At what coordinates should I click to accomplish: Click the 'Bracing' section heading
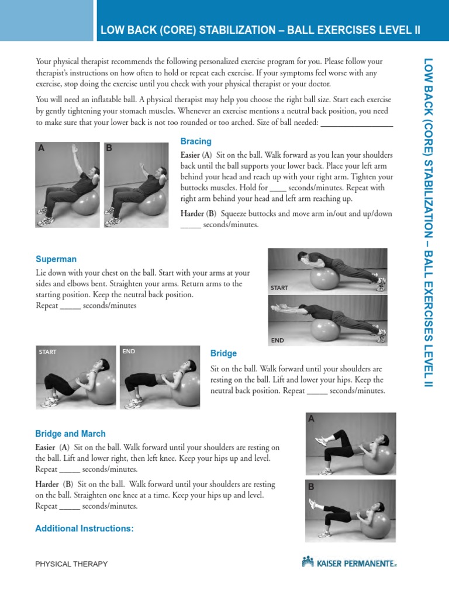pyautogui.click(x=196, y=141)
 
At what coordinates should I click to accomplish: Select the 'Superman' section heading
pyautogui.click(x=56, y=259)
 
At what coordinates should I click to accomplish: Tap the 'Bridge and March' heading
pyautogui.click(x=70, y=433)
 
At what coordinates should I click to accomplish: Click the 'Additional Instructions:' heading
pyautogui.click(x=84, y=529)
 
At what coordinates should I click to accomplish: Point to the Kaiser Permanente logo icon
pyautogui.click(x=308, y=562)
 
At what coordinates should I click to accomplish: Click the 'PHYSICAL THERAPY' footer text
pyautogui.click(x=71, y=564)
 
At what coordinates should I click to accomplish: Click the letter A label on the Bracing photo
pyautogui.click(x=41, y=148)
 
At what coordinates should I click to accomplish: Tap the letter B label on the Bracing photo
pyautogui.click(x=109, y=148)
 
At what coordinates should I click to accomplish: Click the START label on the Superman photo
pyautogui.click(x=280, y=288)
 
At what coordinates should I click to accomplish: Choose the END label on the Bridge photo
pyautogui.click(x=129, y=352)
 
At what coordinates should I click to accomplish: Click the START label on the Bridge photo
pyautogui.click(x=47, y=352)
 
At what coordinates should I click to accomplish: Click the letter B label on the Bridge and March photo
pyautogui.click(x=311, y=486)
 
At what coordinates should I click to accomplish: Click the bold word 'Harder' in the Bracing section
pyautogui.click(x=192, y=213)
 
